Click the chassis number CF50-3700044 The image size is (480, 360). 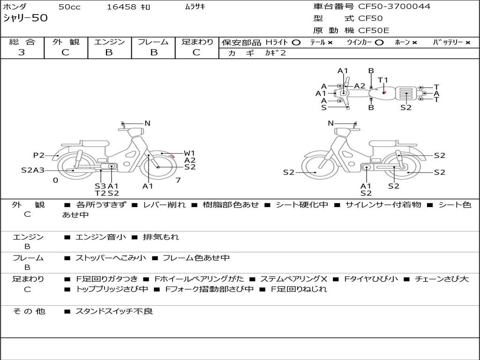394,7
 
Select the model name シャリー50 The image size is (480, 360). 25,18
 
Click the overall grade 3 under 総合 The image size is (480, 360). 22,52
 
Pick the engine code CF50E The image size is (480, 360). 374,30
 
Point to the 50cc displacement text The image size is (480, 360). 69,7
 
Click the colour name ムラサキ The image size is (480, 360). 195,7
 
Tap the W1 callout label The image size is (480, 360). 189,153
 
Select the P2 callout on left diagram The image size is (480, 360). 39,155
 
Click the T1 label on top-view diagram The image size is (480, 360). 383,80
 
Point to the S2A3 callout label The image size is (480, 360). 33,170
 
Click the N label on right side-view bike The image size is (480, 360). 330,123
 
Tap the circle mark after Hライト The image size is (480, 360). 296,43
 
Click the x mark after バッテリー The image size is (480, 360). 468,43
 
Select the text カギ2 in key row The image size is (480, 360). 275,53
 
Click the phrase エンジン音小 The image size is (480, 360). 100,237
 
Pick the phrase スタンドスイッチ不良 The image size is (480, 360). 114,311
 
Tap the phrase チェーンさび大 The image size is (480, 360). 442,279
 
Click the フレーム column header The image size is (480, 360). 153,42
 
